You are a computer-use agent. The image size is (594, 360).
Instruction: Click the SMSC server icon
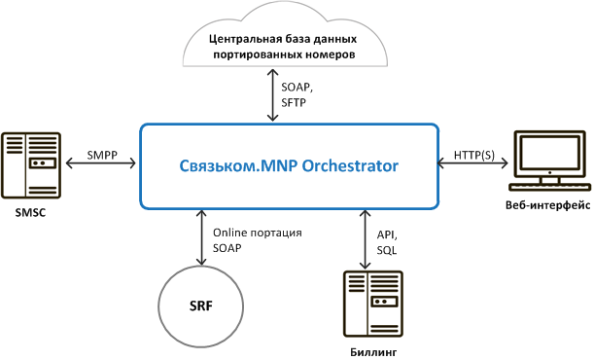[31, 165]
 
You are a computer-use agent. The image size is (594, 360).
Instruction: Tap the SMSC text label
[30, 212]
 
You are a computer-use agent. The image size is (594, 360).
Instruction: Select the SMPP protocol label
[102, 155]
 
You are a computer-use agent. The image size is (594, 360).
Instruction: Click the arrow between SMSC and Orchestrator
[101, 163]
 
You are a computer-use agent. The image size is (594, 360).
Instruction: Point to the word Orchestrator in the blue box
[350, 166]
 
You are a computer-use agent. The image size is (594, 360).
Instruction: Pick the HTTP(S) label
[474, 155]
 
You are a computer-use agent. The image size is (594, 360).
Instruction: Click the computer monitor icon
[549, 161]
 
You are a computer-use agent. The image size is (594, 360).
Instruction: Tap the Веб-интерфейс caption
[547, 205]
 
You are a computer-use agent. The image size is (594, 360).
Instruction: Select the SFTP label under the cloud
[294, 103]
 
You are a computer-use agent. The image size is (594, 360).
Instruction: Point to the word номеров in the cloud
[331, 54]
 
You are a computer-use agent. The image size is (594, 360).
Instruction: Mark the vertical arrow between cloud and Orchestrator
[273, 94]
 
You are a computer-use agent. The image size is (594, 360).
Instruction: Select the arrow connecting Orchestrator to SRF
[201, 237]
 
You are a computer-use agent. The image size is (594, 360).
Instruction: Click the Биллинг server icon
[373, 304]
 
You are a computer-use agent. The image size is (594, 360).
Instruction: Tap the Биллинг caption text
[373, 352]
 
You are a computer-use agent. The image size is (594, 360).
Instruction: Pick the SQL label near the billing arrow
[386, 250]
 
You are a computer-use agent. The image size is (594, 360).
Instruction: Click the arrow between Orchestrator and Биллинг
[366, 239]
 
